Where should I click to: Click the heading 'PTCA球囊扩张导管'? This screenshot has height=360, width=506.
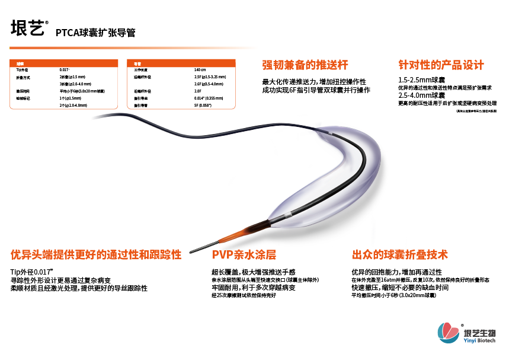pyautogui.click(x=95, y=33)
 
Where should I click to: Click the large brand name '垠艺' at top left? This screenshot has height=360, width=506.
pyautogui.click(x=27, y=29)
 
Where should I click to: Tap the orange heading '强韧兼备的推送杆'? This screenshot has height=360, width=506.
pyautogui.click(x=305, y=65)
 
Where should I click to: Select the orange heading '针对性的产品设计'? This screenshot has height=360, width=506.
pyautogui.click(x=441, y=65)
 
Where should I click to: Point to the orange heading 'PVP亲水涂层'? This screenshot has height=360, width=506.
pyautogui.click(x=244, y=255)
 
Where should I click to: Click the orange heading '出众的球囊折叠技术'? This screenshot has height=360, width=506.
pyautogui.click(x=400, y=255)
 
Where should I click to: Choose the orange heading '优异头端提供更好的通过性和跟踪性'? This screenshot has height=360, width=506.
pyautogui.click(x=96, y=255)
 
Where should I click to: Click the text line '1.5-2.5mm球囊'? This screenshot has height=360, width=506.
pyautogui.click(x=422, y=79)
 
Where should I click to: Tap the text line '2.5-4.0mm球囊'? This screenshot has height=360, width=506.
pyautogui.click(x=422, y=95)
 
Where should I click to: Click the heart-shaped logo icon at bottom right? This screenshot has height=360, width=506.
pyautogui.click(x=447, y=331)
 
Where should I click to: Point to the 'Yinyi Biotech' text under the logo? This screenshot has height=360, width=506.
pyautogui.click(x=480, y=339)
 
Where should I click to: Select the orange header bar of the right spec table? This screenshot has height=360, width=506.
pyautogui.click(x=183, y=62)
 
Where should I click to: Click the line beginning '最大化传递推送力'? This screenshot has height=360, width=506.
pyautogui.click(x=314, y=81)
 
